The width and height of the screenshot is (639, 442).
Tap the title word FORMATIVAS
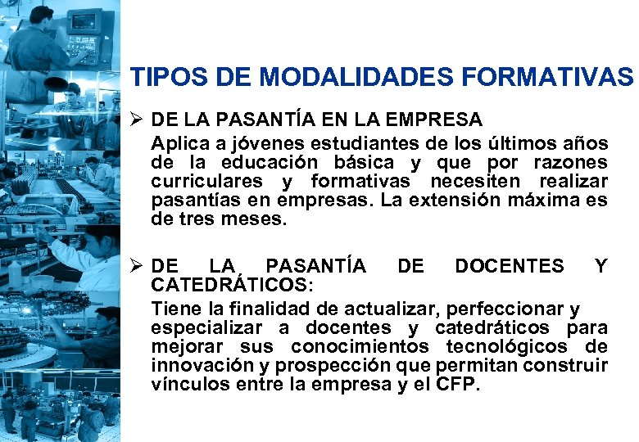point(547,78)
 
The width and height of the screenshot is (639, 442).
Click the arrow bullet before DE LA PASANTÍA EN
point(138,120)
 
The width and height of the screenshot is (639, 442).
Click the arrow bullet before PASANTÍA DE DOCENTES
point(138,266)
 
